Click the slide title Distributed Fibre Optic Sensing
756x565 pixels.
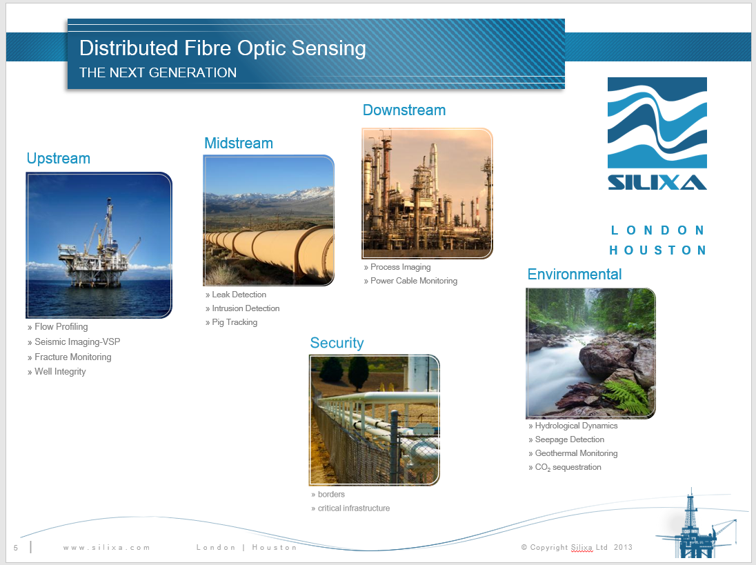pyautogui.click(x=222, y=48)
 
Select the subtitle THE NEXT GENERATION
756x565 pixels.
pyautogui.click(x=158, y=72)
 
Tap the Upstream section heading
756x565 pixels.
pyautogui.click(x=59, y=159)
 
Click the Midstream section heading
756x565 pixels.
pyautogui.click(x=239, y=143)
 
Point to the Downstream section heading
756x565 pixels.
pyautogui.click(x=404, y=110)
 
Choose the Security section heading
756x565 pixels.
pyautogui.click(x=337, y=343)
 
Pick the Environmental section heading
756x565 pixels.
pyautogui.click(x=575, y=274)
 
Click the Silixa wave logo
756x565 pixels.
pyautogui.click(x=657, y=133)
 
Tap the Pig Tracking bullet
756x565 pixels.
pyautogui.click(x=235, y=322)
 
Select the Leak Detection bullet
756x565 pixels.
pyautogui.click(x=239, y=295)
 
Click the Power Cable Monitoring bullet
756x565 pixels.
pyautogui.click(x=413, y=281)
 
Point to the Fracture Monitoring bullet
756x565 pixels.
pyautogui.click(x=72, y=357)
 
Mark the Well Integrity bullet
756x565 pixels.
pyautogui.click(x=60, y=372)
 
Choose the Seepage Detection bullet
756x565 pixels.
pyautogui.click(x=569, y=439)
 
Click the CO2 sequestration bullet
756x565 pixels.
pyautogui.click(x=568, y=467)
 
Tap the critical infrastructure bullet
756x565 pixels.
pyautogui.click(x=353, y=508)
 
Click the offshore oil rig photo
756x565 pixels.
pyautogui.click(x=99, y=245)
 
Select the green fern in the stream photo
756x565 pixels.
pyautogui.click(x=629, y=393)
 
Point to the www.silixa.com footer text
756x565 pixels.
pyautogui.click(x=106, y=547)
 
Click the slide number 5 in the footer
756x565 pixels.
pyautogui.click(x=15, y=548)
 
